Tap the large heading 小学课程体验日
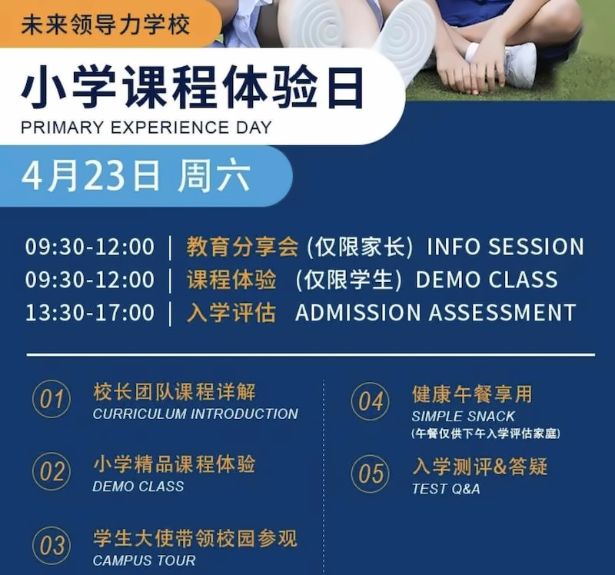(x=193, y=88)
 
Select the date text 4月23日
(x=91, y=176)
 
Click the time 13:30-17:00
(x=90, y=313)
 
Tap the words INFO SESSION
(x=505, y=247)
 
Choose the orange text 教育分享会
(x=242, y=247)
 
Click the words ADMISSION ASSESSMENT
(x=435, y=313)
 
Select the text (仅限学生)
(x=349, y=280)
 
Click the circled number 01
(x=52, y=399)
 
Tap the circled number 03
(x=52, y=546)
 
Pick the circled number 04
(x=371, y=401)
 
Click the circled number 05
(x=371, y=474)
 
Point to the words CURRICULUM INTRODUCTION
(x=195, y=414)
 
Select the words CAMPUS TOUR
(x=144, y=560)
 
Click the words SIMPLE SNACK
(x=463, y=416)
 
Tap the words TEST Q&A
(x=446, y=489)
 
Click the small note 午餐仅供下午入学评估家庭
(x=486, y=434)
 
